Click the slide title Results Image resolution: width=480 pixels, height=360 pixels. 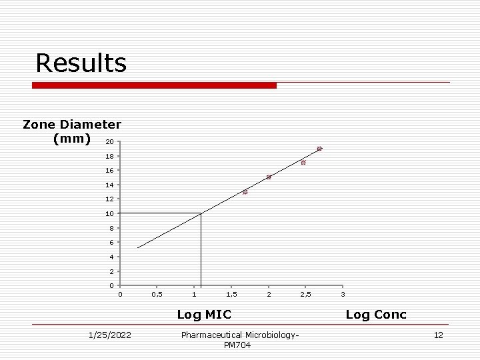[81, 63]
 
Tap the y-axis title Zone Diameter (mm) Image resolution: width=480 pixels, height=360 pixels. [71, 131]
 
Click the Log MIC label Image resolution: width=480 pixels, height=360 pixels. [204, 314]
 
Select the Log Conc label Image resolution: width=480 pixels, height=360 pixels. [376, 314]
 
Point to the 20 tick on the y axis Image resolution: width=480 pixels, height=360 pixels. [109, 142]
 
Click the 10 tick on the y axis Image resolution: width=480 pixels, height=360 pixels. [109, 214]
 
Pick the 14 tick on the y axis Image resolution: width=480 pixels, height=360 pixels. [109, 185]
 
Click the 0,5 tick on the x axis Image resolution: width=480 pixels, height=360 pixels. [157, 294]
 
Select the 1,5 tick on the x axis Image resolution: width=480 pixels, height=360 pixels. [231, 294]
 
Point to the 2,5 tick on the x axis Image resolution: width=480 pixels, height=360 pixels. [305, 294]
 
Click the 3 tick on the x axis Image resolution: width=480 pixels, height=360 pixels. [343, 294]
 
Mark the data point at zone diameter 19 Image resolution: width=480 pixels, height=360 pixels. [319, 149]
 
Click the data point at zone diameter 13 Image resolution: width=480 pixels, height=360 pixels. [245, 192]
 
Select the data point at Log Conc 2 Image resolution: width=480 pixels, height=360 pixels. [269, 177]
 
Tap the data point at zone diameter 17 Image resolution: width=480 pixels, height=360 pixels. [303, 163]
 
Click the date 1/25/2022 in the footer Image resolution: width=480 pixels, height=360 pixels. [110, 335]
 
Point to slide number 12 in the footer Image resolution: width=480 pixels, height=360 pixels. [438, 335]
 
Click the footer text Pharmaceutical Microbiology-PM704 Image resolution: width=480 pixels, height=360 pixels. [240, 339]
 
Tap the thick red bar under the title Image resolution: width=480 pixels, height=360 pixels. [154, 85]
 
